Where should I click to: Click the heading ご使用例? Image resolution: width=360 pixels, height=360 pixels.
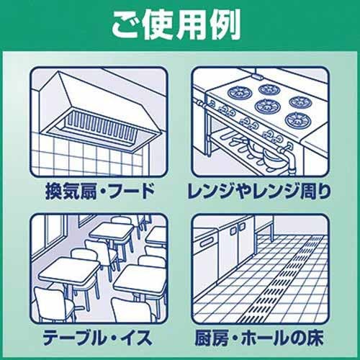[x=176, y=25]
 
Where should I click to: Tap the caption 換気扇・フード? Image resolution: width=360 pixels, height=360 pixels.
[x=100, y=192]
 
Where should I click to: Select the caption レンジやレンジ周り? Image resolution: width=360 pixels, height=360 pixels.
[x=259, y=192]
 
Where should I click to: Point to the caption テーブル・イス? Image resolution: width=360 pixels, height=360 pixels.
[x=97, y=338]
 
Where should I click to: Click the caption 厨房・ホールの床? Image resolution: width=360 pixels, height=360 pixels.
[x=258, y=338]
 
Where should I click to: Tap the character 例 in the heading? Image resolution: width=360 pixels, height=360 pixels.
[x=225, y=25]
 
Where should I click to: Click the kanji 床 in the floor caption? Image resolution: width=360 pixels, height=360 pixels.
[x=315, y=338]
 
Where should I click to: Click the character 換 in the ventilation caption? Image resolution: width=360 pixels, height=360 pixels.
[x=54, y=192]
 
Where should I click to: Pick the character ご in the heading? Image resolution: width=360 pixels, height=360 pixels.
[x=127, y=25]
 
